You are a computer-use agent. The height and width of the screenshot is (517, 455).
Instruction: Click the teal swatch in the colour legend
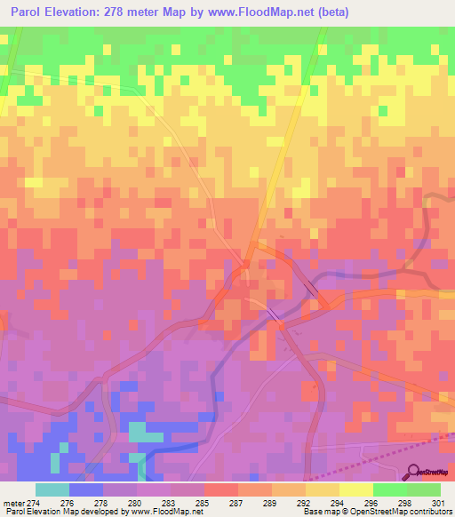coord(52,489)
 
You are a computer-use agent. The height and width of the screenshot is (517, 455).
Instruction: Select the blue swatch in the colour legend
coord(86,489)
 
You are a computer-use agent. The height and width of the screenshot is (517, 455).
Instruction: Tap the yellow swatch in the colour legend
coord(355,489)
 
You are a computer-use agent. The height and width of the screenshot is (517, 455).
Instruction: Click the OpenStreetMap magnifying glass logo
coord(415,471)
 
